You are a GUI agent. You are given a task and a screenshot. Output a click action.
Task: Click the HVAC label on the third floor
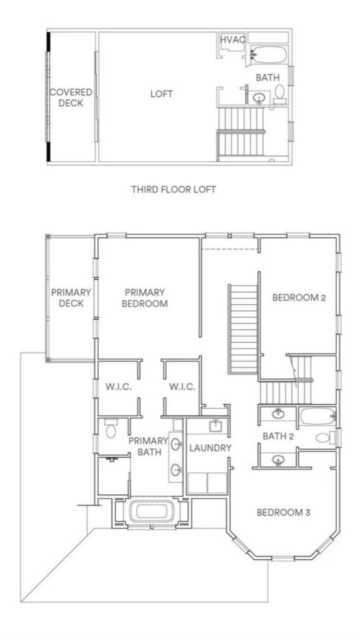point(232,39)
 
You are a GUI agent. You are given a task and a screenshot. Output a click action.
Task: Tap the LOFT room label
point(161,94)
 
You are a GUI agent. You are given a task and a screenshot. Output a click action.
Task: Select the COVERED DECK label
point(71,97)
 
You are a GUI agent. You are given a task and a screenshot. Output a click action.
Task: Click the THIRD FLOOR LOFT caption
point(173,189)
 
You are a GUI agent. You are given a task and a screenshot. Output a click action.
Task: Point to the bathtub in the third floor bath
point(268,55)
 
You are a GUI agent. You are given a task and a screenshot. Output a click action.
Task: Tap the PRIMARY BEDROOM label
point(146,298)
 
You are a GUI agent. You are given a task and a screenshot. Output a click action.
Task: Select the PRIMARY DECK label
point(71,298)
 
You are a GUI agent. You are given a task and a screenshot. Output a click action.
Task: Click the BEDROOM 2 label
point(299,297)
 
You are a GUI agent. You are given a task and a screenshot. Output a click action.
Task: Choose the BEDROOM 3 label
point(284,512)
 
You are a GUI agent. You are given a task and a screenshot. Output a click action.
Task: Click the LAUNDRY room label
point(211,448)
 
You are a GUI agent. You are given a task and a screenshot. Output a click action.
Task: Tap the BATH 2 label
point(278,436)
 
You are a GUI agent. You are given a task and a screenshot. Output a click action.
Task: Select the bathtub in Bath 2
point(316,416)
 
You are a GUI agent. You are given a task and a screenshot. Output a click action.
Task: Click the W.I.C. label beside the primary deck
point(118,387)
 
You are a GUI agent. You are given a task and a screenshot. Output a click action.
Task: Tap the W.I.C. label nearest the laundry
point(182,387)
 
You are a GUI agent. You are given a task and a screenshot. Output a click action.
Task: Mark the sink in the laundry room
point(215,426)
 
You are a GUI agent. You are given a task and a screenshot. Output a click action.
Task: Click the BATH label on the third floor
point(267,78)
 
